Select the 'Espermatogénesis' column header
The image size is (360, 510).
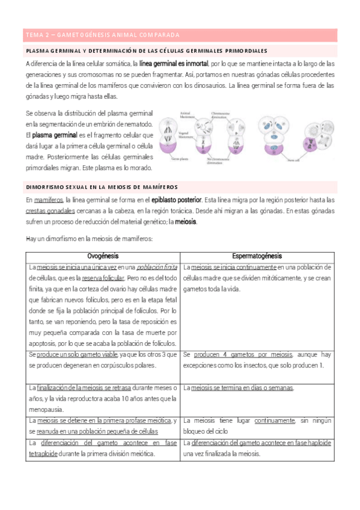pos(257,256)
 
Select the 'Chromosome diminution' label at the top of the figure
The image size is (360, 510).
pos(223,114)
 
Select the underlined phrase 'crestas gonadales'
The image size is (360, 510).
pos(50,211)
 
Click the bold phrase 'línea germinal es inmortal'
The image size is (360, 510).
pos(174,63)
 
